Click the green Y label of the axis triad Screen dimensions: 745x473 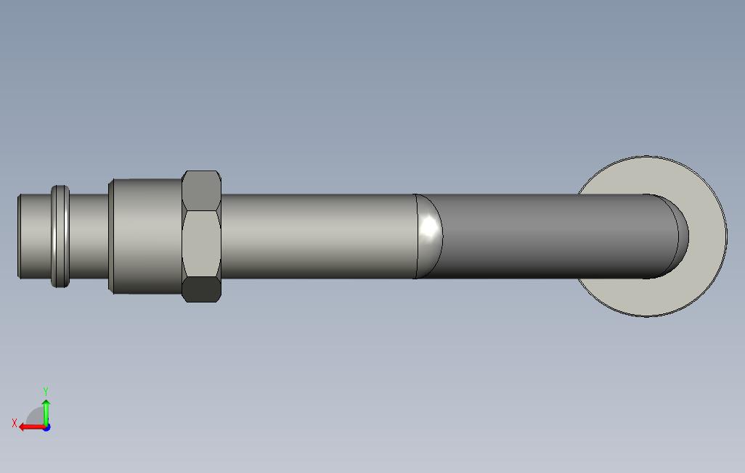(46, 391)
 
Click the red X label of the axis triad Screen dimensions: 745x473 (15, 423)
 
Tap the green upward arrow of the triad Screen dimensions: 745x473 (46, 412)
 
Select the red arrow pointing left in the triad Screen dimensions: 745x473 (32, 427)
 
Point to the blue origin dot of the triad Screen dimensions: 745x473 (46, 427)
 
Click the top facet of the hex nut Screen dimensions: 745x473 (201, 190)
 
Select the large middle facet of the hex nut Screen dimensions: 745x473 (201, 244)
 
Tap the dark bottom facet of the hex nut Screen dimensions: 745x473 (201, 289)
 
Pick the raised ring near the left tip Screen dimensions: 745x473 (60, 236)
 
